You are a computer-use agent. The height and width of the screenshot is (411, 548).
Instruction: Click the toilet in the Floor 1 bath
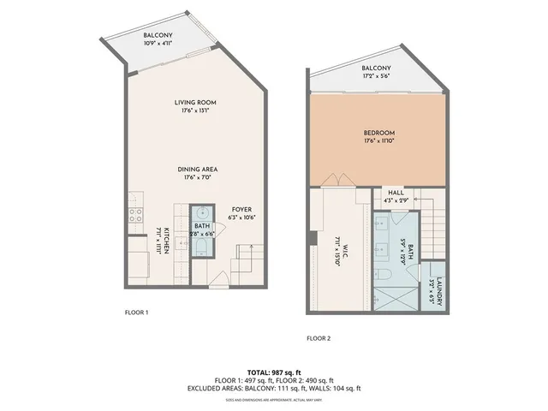(x=202, y=249)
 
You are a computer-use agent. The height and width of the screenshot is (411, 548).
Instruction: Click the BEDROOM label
(x=378, y=133)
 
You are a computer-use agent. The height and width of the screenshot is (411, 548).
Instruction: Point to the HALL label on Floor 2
(x=395, y=194)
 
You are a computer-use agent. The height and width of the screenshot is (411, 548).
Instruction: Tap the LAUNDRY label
(x=438, y=290)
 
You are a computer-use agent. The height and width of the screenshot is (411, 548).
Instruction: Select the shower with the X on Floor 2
(x=395, y=295)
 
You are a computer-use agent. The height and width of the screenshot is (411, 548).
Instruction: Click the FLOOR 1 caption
(x=137, y=313)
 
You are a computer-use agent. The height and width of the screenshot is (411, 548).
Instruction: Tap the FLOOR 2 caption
(x=319, y=338)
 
